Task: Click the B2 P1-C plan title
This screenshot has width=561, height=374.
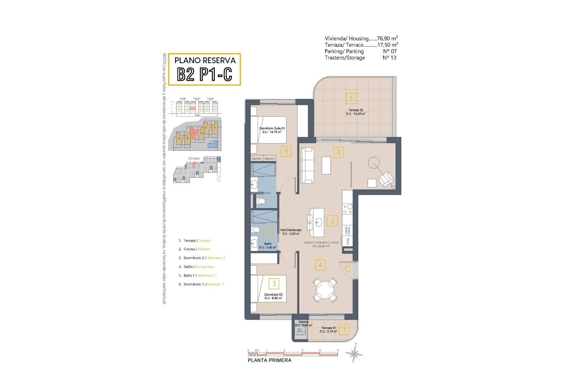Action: click(x=205, y=74)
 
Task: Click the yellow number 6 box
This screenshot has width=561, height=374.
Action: click(x=286, y=151)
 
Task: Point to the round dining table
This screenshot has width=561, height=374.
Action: click(x=325, y=290)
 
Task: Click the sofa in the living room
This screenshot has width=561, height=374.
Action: click(x=308, y=165)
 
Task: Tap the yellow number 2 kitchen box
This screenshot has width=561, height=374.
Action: click(x=332, y=221)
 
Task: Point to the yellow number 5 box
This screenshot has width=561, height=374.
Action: click(x=268, y=233)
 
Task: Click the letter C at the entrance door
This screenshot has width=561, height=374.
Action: click(x=348, y=269)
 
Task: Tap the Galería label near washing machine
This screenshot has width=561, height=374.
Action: click(x=303, y=322)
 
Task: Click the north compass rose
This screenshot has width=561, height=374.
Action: click(x=354, y=354)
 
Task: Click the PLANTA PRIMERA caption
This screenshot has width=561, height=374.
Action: click(x=269, y=360)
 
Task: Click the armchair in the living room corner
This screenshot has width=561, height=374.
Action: click(x=386, y=179)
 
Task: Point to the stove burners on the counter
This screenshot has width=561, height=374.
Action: click(x=348, y=209)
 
